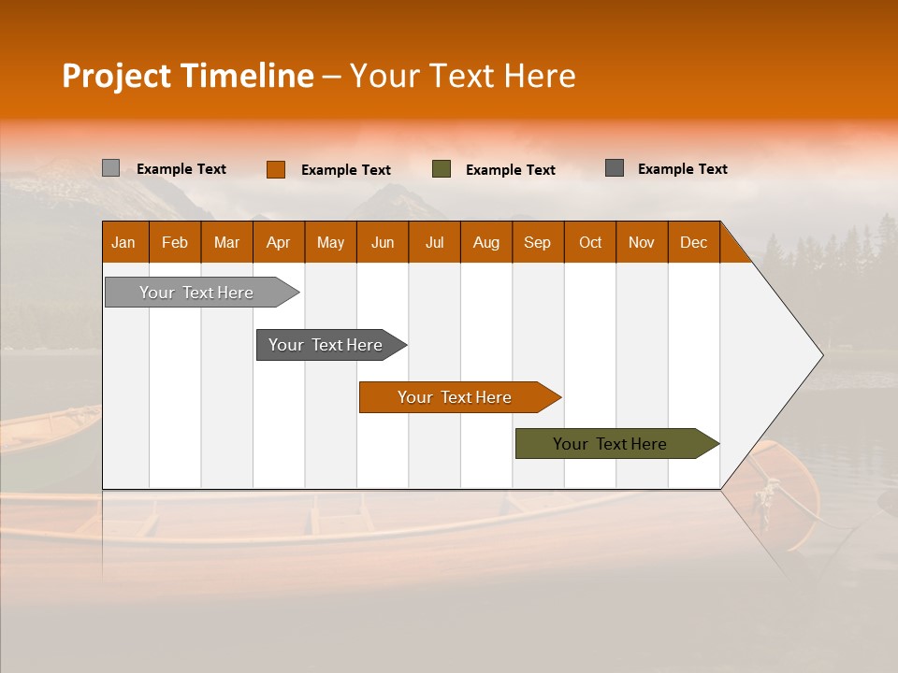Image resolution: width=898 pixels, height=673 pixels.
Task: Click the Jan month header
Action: pyautogui.click(x=124, y=242)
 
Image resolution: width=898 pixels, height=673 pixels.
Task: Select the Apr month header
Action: pyautogui.click(x=279, y=242)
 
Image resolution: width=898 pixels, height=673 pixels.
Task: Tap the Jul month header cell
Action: pyautogui.click(x=434, y=242)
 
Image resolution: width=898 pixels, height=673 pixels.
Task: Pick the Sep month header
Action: pyautogui.click(x=538, y=242)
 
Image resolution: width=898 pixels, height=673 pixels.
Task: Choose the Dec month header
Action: pyautogui.click(x=693, y=242)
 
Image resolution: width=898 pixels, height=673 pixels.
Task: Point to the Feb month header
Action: pyautogui.click(x=175, y=242)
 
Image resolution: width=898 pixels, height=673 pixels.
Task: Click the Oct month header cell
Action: pyautogui.click(x=590, y=242)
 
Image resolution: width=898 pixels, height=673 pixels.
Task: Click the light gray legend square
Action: pyautogui.click(x=111, y=168)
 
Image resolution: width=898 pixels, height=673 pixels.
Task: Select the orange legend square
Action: pyautogui.click(x=276, y=169)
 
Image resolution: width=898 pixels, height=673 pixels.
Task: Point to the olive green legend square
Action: pyautogui.click(x=442, y=169)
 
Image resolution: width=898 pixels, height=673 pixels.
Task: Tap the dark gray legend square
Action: pyautogui.click(x=615, y=168)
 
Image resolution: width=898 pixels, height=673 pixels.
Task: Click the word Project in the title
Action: pyautogui.click(x=117, y=76)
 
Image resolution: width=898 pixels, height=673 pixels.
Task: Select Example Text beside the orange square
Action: pyautogui.click(x=346, y=170)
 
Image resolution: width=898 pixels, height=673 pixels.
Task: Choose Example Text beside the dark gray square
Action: pyautogui.click(x=683, y=169)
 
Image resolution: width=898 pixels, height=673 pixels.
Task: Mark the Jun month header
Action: pyautogui.click(x=383, y=242)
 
